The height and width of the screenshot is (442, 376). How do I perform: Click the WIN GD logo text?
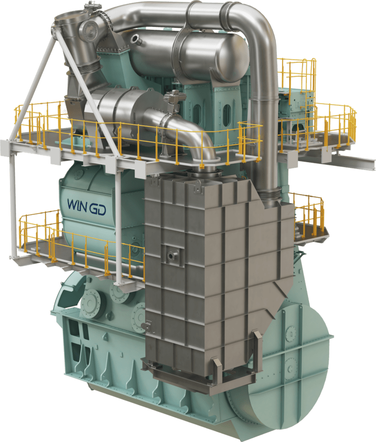coord(87,207)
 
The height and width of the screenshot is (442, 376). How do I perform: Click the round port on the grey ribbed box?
coord(171,255)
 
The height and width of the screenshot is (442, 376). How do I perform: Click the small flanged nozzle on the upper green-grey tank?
coord(137,39)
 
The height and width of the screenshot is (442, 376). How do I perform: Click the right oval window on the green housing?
coord(227,116)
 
